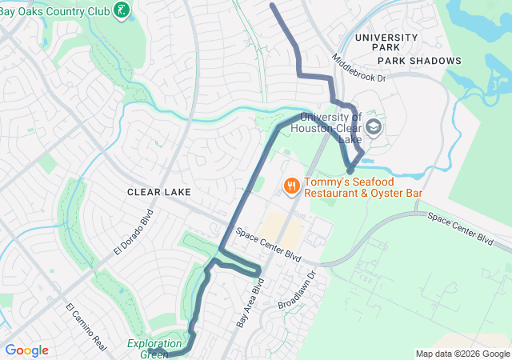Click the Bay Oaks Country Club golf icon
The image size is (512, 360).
pos(122,11)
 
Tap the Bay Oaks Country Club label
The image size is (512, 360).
pos(54,11)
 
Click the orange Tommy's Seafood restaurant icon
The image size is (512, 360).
pos(290,186)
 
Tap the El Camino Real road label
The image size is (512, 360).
pos(86,327)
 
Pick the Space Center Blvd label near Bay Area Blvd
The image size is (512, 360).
pos(269,246)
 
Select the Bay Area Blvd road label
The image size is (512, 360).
pos(250,304)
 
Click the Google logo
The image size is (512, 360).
pos(26,350)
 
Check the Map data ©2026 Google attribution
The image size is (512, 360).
pos(462,354)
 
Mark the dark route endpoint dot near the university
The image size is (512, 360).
pos(350,170)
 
